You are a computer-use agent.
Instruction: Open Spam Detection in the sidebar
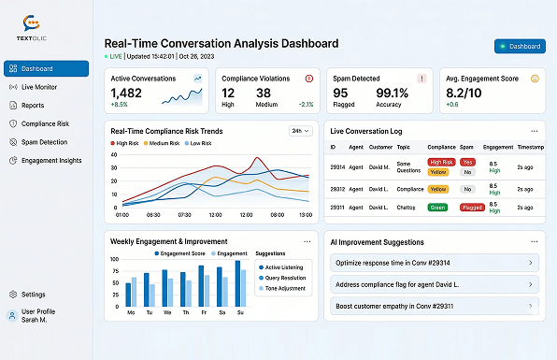(44, 142)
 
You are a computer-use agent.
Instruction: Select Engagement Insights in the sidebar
(50, 161)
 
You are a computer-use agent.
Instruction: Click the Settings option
(33, 295)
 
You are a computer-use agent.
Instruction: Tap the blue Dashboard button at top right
(520, 46)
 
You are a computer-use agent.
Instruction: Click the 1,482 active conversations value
(126, 93)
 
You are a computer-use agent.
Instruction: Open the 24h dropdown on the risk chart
(299, 132)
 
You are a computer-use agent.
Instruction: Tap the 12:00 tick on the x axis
(215, 215)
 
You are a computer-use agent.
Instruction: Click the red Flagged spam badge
(472, 208)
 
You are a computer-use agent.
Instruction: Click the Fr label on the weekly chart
(201, 312)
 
